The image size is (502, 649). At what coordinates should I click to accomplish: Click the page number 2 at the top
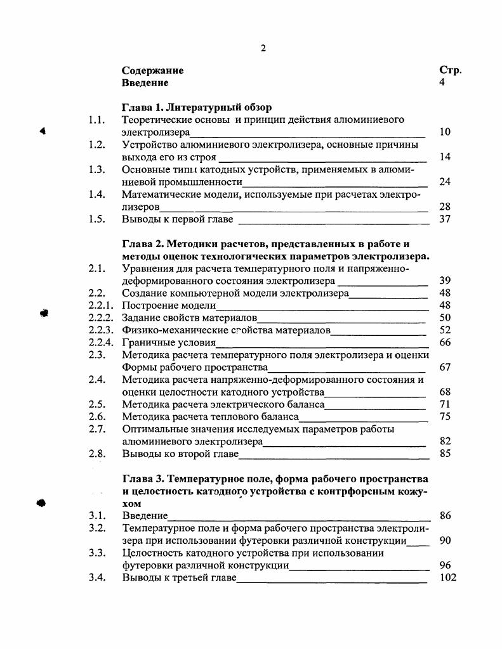263,49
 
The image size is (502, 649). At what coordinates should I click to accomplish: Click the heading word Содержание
152,71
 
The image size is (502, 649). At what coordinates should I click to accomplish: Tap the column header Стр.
450,71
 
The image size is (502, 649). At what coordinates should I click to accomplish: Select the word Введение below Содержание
145,83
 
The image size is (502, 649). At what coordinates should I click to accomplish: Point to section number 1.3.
96,169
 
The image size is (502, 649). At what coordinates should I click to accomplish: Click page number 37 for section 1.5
444,219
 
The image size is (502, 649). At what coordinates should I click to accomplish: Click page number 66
444,343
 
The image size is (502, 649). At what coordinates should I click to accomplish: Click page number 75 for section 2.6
444,416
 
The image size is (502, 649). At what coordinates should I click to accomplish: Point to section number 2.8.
96,454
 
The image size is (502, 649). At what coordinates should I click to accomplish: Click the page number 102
447,577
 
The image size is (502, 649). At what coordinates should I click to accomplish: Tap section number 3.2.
96,528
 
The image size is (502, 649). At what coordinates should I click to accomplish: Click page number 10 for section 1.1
444,132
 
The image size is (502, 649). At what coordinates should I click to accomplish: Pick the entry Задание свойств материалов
189,318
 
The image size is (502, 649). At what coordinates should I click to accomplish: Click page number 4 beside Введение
442,83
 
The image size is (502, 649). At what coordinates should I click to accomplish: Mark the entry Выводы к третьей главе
178,577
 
